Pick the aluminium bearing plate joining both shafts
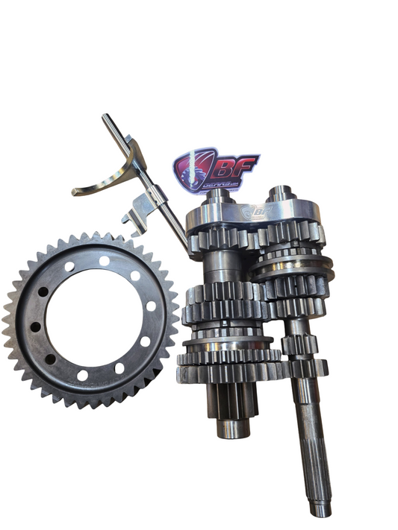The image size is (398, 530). (x=254, y=215)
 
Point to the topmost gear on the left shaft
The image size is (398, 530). (x=223, y=239)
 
